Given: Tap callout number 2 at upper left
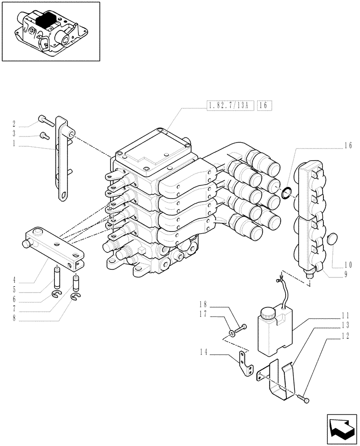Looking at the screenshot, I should [14, 124].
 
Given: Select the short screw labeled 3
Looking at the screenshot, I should [43, 135].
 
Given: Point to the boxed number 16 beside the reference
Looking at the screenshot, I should [263, 106].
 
